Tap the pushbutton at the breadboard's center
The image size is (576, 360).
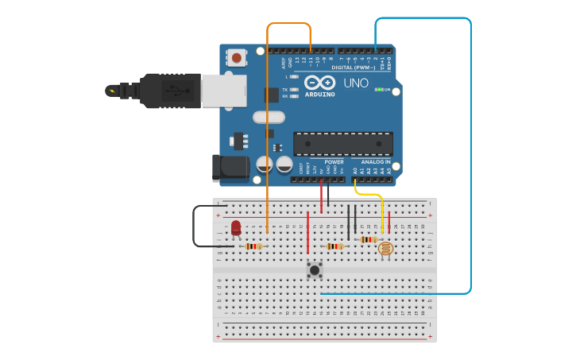click(x=315, y=270)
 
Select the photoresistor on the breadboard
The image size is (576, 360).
click(x=386, y=250)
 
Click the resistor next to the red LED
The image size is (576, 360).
click(x=253, y=246)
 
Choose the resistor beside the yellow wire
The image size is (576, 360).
click(x=369, y=239)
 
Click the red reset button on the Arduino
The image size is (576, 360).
click(x=237, y=57)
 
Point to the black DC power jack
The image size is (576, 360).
click(x=226, y=167)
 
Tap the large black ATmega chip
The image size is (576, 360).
click(x=343, y=144)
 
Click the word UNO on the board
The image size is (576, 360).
click(x=356, y=83)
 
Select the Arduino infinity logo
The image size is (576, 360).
click(x=319, y=83)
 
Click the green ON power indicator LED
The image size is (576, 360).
click(x=379, y=90)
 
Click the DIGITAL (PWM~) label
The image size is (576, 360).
click(x=353, y=68)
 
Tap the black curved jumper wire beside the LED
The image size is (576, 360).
click(x=194, y=226)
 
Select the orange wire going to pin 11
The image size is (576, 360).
click(x=268, y=119)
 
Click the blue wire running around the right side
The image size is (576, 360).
click(x=470, y=159)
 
